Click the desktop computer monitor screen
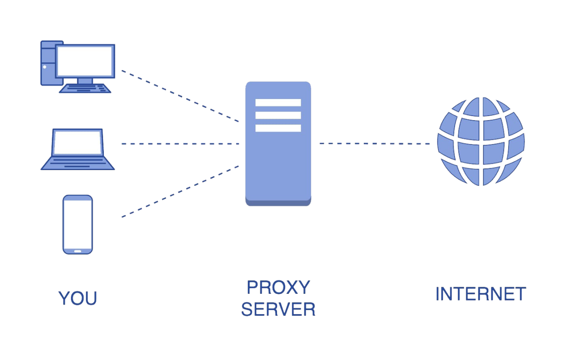[85, 61]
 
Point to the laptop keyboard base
[77, 164]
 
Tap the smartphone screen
[77, 224]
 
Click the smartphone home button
[77, 251]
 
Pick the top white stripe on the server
[278, 103]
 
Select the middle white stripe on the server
[278, 115]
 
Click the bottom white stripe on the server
[278, 128]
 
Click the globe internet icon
[481, 141]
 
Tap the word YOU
[78, 298]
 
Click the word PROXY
[279, 287]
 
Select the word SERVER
[278, 309]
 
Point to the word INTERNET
[481, 294]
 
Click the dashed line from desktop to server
[180, 96]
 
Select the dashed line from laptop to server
[180, 144]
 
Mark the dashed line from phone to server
[180, 192]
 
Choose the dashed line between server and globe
[375, 144]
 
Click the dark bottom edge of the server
[278, 203]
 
